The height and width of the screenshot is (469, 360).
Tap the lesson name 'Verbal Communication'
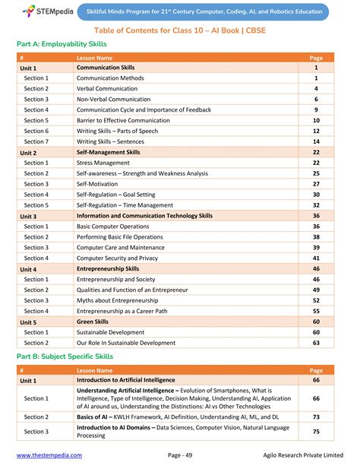click(107, 89)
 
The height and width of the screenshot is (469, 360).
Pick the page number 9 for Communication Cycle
click(316, 110)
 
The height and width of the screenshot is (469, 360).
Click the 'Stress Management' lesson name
click(103, 163)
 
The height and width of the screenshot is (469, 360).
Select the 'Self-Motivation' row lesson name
click(98, 184)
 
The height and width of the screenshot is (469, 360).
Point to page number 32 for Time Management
click(316, 205)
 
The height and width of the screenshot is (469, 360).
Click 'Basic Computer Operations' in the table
click(112, 227)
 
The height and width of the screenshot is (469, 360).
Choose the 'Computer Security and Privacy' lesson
click(117, 258)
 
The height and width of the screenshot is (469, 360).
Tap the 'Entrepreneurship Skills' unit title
click(107, 269)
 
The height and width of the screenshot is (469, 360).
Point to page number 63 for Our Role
click(316, 343)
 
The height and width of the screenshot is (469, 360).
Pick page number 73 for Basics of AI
click(316, 417)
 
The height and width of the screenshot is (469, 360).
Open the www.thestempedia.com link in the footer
click(49, 455)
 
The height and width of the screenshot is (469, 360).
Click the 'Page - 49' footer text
click(184, 455)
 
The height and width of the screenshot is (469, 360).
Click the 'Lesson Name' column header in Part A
click(95, 58)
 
